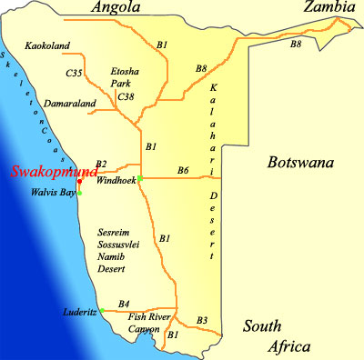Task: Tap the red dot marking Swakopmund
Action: click(80, 182)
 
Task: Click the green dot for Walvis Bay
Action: click(80, 192)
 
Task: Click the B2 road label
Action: click(100, 163)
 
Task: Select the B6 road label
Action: click(183, 170)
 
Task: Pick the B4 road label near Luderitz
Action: click(125, 303)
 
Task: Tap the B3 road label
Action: click(202, 319)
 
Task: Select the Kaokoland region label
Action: click(48, 45)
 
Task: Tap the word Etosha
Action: click(124, 69)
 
